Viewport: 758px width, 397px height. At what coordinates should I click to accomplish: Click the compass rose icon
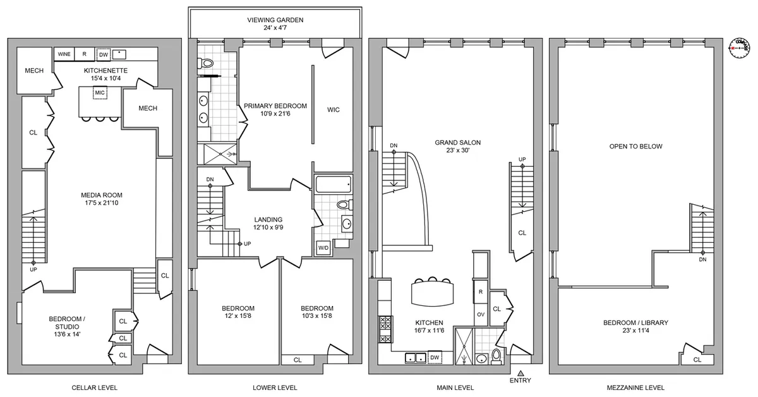coord(737,47)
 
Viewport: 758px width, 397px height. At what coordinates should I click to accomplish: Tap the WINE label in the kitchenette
coord(64,54)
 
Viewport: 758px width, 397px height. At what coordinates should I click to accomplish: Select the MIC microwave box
coord(99,93)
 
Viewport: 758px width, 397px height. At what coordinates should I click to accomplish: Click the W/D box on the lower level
coord(323,247)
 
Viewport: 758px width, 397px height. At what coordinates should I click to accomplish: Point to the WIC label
coord(334,110)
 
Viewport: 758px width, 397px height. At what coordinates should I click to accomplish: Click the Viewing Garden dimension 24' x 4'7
coord(275,28)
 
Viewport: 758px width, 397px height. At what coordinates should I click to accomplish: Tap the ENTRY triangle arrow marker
coord(521,374)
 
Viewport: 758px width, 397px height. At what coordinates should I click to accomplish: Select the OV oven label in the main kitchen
coord(481,314)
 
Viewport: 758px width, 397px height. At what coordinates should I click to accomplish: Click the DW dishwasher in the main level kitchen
coord(434,358)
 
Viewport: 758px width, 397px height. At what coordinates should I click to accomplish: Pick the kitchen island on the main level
coord(433,293)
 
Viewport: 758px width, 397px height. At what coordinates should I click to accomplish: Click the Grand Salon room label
coord(451,142)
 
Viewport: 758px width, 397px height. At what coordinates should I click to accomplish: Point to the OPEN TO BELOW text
coord(635,146)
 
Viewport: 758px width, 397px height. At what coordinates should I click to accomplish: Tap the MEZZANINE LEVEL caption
coord(635,388)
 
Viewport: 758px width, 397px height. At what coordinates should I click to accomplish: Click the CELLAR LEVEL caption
coord(94,388)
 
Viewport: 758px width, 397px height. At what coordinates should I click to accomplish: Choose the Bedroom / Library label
coord(635,322)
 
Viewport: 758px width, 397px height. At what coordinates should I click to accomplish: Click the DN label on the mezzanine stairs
coord(702,259)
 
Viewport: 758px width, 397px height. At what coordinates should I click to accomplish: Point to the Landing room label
coord(268,219)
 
